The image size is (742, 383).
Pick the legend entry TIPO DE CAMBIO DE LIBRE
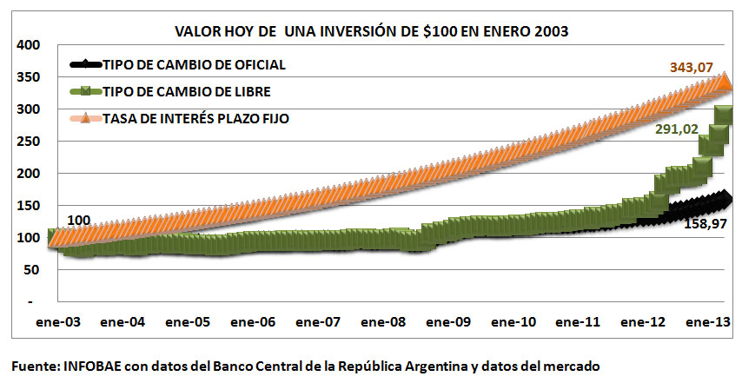point(186,91)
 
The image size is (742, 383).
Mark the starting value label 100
point(77,221)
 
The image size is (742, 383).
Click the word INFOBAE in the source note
point(94,366)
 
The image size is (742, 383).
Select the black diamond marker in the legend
point(84,65)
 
